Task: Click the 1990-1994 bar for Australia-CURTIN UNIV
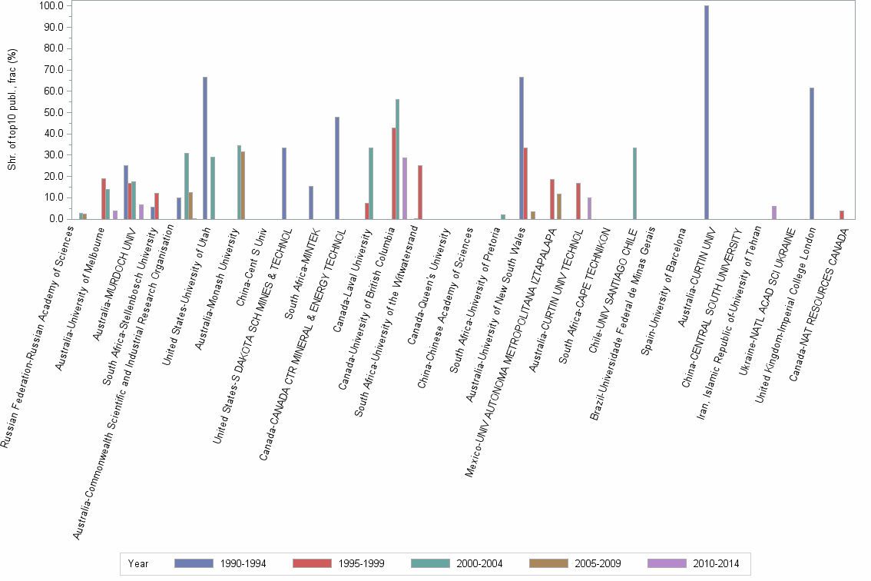(707, 112)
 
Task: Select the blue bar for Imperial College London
(812, 154)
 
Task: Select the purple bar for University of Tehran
(774, 213)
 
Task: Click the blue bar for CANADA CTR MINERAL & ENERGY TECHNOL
(336, 168)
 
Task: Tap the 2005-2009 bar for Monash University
(243, 185)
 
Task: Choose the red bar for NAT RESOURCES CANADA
(842, 215)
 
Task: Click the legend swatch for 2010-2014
(667, 563)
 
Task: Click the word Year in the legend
(138, 563)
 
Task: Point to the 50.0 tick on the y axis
(61, 112)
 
